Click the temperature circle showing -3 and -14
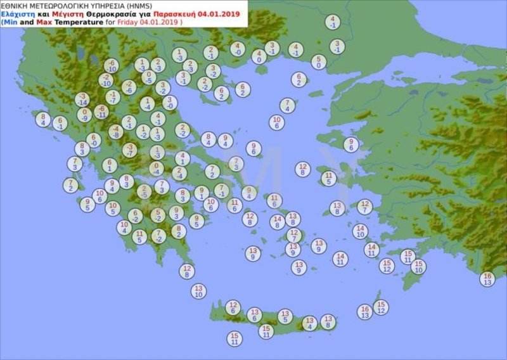[81, 99]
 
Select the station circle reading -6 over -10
[111, 66]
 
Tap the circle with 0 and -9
[84, 115]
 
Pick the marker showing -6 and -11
[101, 112]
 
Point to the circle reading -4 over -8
[115, 131]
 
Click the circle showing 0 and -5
[148, 77]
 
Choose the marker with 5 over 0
[319, 61]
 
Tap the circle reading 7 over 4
[288, 105]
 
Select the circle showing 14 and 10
[360, 231]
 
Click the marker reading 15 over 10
[418, 266]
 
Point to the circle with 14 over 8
[277, 221]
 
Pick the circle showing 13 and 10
[198, 291]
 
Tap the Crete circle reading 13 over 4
[309, 323]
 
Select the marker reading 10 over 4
[124, 227]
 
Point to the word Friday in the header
[125, 22]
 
